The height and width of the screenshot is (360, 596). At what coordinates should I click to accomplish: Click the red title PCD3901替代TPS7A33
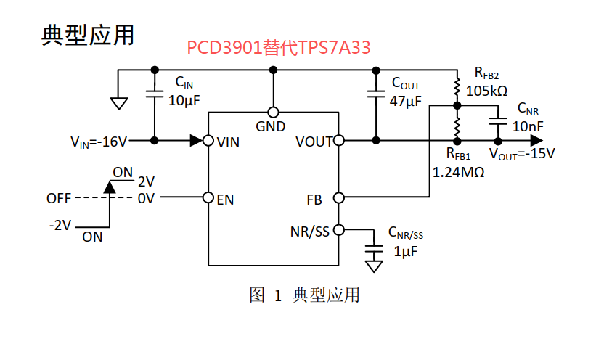tap(279, 49)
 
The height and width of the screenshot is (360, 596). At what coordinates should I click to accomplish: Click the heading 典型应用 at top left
tap(88, 35)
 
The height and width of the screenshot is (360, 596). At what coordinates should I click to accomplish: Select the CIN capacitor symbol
tap(154, 93)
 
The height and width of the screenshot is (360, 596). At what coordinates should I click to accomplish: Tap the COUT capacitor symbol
tap(375, 93)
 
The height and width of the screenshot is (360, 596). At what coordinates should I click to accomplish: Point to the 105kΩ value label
tap(486, 91)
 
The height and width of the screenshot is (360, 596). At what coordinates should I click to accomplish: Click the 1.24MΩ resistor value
tap(458, 173)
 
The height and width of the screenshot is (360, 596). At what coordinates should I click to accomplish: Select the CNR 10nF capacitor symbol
tap(497, 117)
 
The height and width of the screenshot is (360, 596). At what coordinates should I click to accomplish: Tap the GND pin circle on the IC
tap(274, 112)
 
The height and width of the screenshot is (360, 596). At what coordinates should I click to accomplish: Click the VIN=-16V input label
tap(99, 141)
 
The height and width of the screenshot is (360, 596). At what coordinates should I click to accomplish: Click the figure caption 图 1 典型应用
tap(305, 295)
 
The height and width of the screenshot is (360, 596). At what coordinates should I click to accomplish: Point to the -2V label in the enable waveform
tap(60, 224)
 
